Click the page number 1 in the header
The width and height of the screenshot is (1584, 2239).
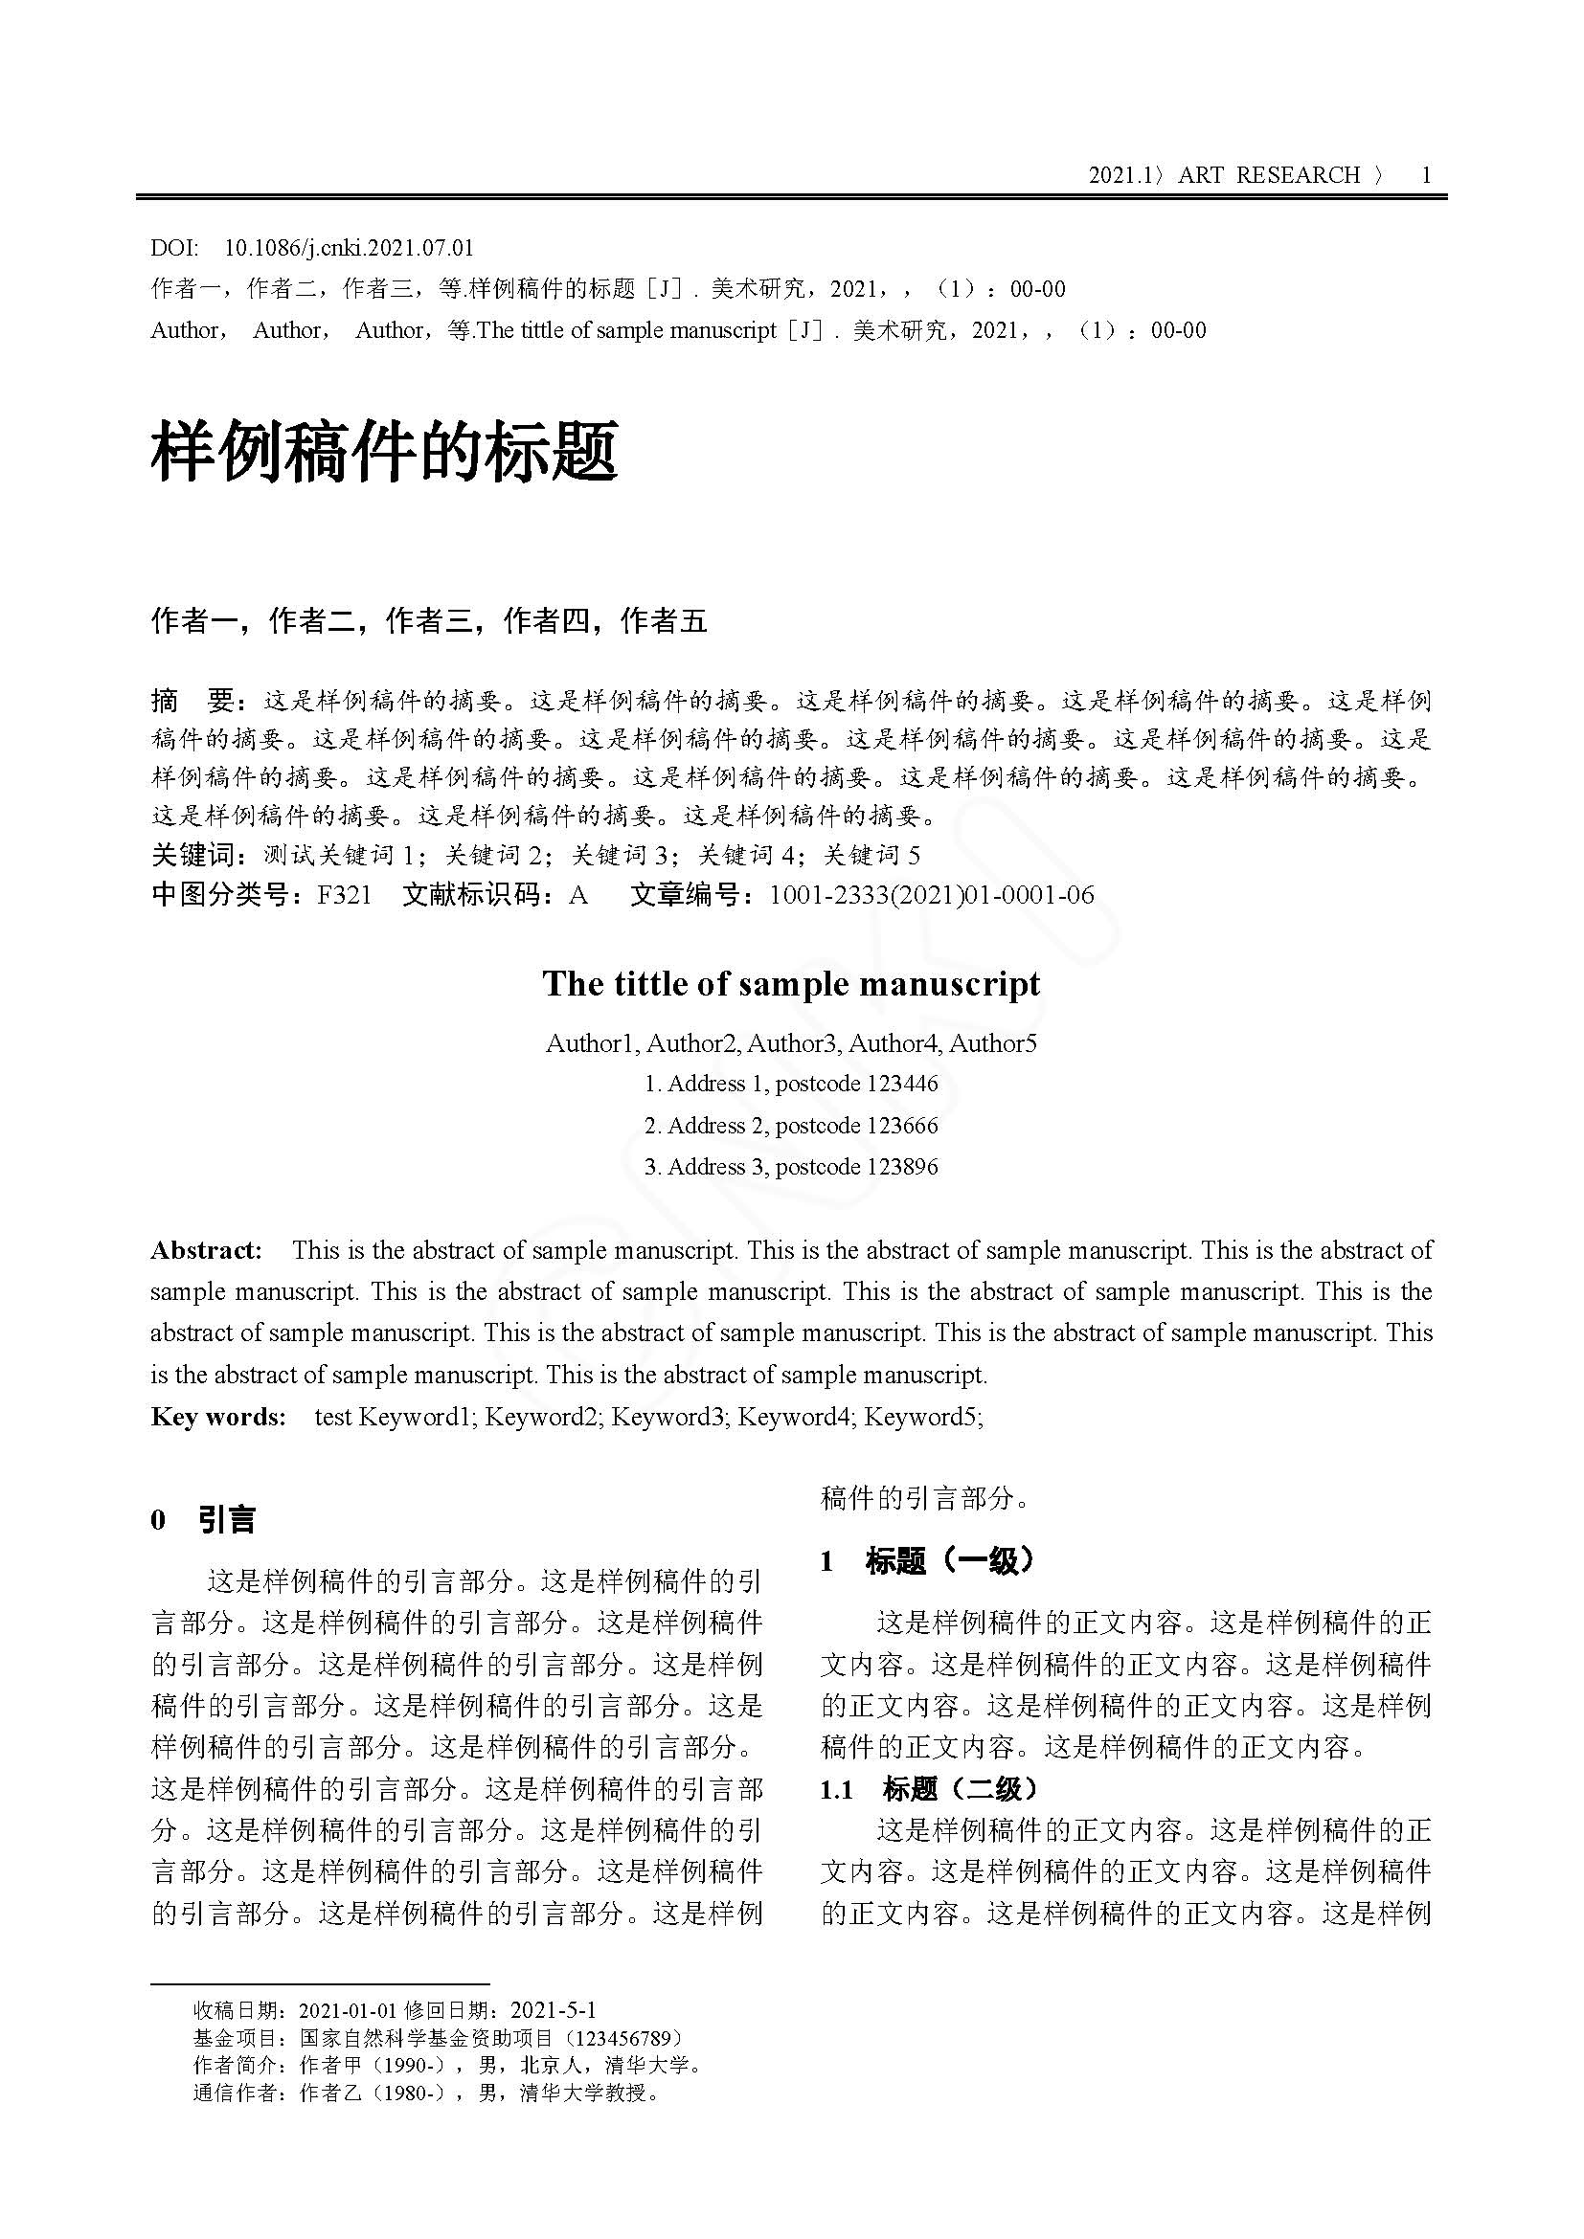[1426, 175]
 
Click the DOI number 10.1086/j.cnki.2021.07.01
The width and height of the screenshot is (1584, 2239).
[350, 248]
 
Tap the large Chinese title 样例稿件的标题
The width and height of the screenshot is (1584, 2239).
[384, 453]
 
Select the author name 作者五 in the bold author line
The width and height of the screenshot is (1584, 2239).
[665, 621]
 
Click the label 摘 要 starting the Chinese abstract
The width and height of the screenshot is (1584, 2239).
[193, 700]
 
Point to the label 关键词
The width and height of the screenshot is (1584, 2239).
[193, 855]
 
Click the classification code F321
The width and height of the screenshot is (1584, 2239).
[345, 895]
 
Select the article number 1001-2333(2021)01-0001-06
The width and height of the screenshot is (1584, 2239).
[932, 895]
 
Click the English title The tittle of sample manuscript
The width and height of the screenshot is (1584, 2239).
[791, 984]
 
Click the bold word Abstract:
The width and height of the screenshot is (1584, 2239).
[206, 1251]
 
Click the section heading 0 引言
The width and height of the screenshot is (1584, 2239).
[204, 1520]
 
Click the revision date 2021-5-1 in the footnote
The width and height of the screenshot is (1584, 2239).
[553, 2010]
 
